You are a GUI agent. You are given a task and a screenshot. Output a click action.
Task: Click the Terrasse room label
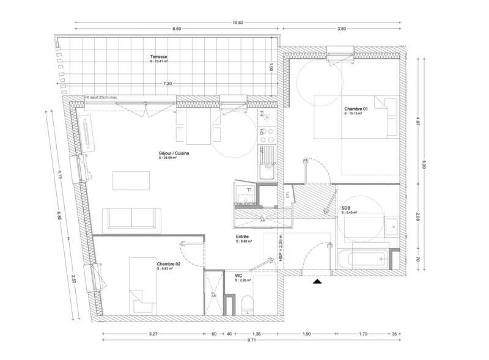pyautogui.click(x=159, y=57)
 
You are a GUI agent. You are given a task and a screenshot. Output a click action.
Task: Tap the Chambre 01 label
pyautogui.click(x=356, y=109)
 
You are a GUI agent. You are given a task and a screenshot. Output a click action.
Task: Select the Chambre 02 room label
pyautogui.click(x=169, y=263)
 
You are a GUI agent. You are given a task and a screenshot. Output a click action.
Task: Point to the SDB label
pyautogui.click(x=347, y=208)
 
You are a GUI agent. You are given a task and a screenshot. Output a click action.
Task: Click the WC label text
pyautogui.click(x=239, y=276)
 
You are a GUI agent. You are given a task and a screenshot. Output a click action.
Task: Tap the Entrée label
pyautogui.click(x=242, y=237)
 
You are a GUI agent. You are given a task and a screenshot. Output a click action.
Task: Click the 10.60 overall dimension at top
pyautogui.click(x=238, y=22)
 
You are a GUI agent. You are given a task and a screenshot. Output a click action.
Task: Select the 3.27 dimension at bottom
pyautogui.click(x=153, y=334)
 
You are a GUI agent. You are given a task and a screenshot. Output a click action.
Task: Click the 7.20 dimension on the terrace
pyautogui.click(x=167, y=83)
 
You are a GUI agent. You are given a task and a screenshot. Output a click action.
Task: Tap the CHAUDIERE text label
pyautogui.click(x=245, y=204)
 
